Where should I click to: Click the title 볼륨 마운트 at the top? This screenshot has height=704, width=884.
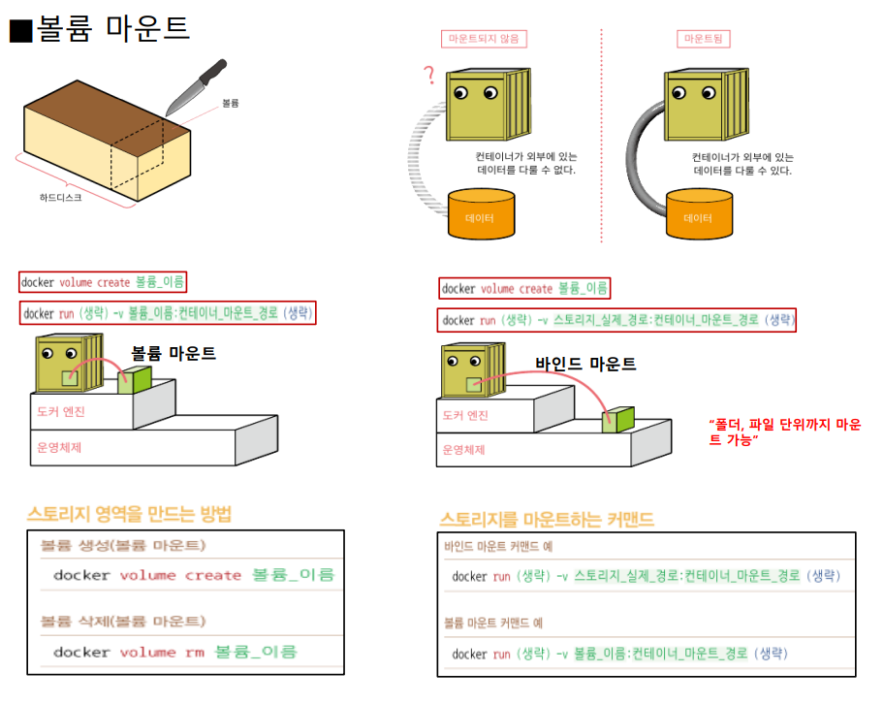pos(112,29)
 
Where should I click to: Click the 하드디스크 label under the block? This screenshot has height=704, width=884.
pos(61,197)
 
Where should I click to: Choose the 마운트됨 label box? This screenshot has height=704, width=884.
pos(703,40)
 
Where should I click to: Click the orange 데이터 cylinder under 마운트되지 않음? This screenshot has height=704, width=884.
pos(481,214)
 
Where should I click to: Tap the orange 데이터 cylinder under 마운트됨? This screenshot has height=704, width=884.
pos(698,214)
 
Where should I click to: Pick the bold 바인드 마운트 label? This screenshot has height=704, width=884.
pos(585,365)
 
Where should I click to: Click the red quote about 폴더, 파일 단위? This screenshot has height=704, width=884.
pos(784,432)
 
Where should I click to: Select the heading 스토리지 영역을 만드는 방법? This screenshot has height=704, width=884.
pos(129,514)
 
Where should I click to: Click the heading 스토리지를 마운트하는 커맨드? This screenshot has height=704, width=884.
pos(547,520)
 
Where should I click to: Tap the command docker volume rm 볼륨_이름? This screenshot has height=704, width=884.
pos(174,652)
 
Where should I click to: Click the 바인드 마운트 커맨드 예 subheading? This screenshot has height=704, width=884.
pos(498,546)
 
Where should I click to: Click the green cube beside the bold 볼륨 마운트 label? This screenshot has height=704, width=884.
pos(136,379)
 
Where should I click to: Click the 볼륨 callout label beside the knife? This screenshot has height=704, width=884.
pos(230,102)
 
